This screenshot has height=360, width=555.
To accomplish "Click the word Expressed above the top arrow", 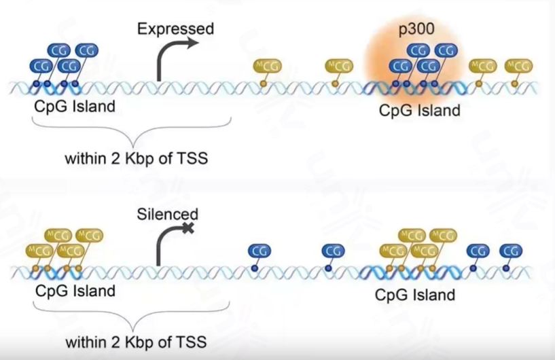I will (175, 29).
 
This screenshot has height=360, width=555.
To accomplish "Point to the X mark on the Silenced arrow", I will (188, 230).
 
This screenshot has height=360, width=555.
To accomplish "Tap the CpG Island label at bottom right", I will (415, 295).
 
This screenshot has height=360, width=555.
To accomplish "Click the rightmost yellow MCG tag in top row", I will (519, 66).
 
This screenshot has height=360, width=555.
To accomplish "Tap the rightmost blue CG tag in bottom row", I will (510, 251).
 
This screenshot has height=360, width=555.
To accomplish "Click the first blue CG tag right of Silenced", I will (259, 251).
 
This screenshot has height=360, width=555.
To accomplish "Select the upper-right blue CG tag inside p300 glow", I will (446, 50).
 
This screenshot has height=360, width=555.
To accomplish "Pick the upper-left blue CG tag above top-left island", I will (58, 50).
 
